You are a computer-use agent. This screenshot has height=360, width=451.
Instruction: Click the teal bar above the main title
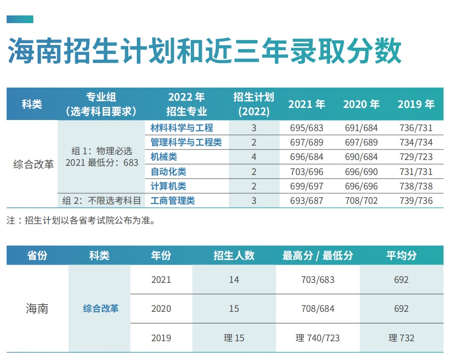(x=20, y=19)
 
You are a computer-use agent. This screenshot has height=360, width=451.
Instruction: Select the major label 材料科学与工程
(x=182, y=128)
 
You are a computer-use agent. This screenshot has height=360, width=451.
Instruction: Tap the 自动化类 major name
(x=168, y=172)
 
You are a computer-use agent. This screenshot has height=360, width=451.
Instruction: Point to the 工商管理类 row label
(x=172, y=200)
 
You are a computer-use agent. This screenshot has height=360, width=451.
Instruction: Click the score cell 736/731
(x=416, y=128)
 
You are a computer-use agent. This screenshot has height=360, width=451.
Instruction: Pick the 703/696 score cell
(x=307, y=172)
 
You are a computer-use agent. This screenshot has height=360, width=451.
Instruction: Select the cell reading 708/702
(x=361, y=200)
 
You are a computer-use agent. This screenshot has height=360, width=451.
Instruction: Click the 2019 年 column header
(x=416, y=104)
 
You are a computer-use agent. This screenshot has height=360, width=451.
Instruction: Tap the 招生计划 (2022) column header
(x=254, y=104)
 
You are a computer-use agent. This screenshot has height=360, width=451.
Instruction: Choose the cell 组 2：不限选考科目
(x=102, y=200)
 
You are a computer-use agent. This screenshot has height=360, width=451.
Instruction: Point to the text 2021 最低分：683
(x=102, y=162)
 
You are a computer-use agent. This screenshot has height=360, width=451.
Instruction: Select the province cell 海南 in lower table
(x=37, y=308)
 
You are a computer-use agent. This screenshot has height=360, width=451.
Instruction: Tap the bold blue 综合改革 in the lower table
(x=101, y=308)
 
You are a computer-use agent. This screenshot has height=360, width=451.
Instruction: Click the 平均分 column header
(x=401, y=255)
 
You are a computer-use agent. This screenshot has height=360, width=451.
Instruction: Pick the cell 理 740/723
(x=318, y=338)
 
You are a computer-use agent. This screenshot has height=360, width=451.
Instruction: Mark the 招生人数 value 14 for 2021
(x=234, y=280)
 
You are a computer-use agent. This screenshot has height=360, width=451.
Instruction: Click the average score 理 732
(x=401, y=338)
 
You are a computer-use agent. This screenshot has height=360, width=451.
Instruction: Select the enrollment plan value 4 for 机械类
(x=254, y=157)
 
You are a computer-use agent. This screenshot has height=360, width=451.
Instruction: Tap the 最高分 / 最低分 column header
(x=318, y=255)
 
